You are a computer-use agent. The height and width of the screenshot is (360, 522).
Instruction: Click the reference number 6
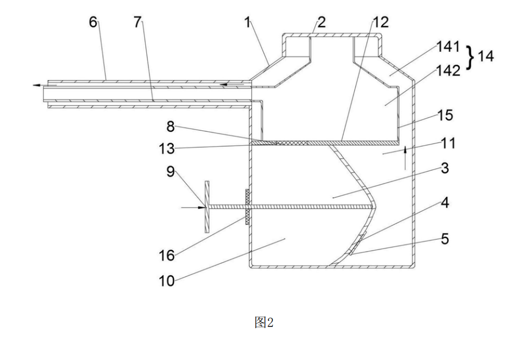pos(93,23)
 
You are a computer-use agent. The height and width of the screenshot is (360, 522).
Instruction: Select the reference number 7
pos(138,23)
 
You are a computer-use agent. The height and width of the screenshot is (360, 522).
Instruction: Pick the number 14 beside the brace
pos(486,57)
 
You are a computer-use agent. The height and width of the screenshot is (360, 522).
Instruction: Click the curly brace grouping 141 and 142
pos(470,57)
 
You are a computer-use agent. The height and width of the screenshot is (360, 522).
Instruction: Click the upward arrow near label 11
pos(405,158)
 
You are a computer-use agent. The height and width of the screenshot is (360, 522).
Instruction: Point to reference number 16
pos(167,255)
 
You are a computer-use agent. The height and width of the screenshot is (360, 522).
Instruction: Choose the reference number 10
pos(167,281)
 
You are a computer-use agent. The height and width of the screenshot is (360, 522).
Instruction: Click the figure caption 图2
pos(263,323)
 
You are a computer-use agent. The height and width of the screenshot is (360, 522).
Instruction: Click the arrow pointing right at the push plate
pos(192,207)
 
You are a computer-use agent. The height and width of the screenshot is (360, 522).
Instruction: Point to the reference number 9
pos(171,171)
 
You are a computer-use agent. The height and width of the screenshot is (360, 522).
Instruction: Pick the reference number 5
pos(444,239)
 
